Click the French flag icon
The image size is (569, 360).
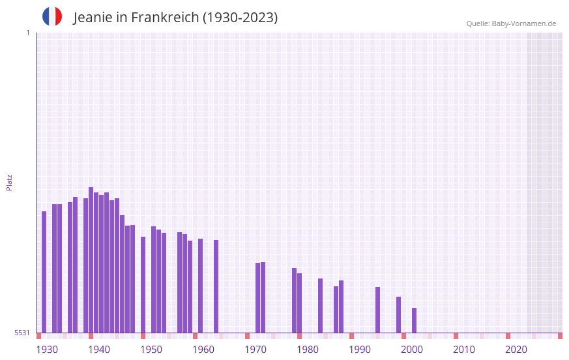pyautogui.click(x=52, y=16)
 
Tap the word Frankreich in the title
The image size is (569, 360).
pyautogui.click(x=165, y=18)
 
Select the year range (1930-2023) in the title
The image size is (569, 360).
pyautogui.click(x=240, y=18)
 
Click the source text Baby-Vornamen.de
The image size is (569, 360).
pyautogui.click(x=523, y=23)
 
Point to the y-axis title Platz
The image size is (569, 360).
pyautogui.click(x=9, y=182)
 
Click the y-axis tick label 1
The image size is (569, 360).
pyautogui.click(x=27, y=33)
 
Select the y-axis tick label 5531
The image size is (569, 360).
pyautogui.click(x=23, y=333)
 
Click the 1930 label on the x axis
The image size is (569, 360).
pyautogui.click(x=47, y=350)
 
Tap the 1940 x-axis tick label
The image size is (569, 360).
pyautogui.click(x=99, y=350)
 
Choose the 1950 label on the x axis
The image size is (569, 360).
pyautogui.click(x=151, y=350)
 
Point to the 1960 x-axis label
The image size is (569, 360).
pyautogui.click(x=203, y=350)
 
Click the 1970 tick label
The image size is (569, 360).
pyautogui.click(x=255, y=350)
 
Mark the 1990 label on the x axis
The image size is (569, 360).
pyautogui.click(x=360, y=350)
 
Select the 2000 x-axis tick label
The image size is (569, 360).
pyautogui.click(x=412, y=350)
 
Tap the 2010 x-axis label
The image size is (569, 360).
pyautogui.click(x=464, y=350)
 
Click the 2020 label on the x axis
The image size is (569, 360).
pyautogui.click(x=516, y=350)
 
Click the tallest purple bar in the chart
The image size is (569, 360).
pyautogui.click(x=91, y=260)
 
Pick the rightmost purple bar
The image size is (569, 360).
pyautogui.click(x=414, y=320)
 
